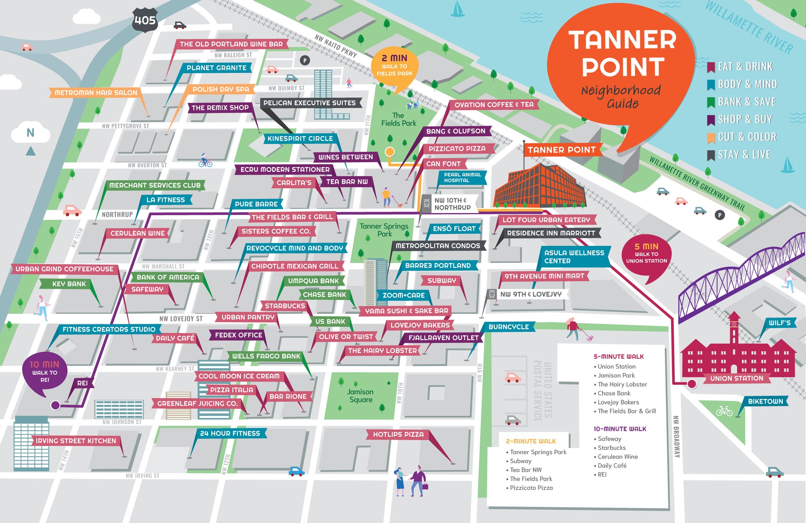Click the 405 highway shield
[145, 20]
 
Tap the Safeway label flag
[147, 289]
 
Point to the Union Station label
[736, 378]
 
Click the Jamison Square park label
[360, 395]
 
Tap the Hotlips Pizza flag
[398, 434]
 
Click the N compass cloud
[30, 133]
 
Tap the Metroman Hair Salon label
[96, 93]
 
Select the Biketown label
[765, 401]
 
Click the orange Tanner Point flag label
[562, 150]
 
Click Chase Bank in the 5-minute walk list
[614, 393]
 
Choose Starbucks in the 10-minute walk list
[611, 448]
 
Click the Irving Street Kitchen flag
[76, 441]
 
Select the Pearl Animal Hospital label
[462, 178]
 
